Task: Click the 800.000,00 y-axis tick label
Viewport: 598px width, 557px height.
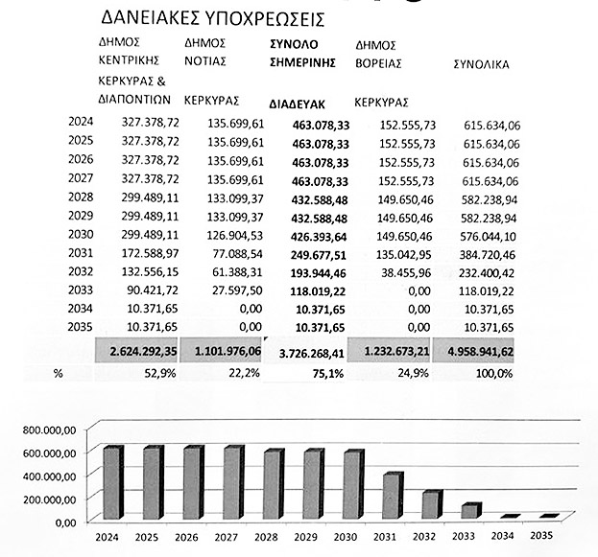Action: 48,430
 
